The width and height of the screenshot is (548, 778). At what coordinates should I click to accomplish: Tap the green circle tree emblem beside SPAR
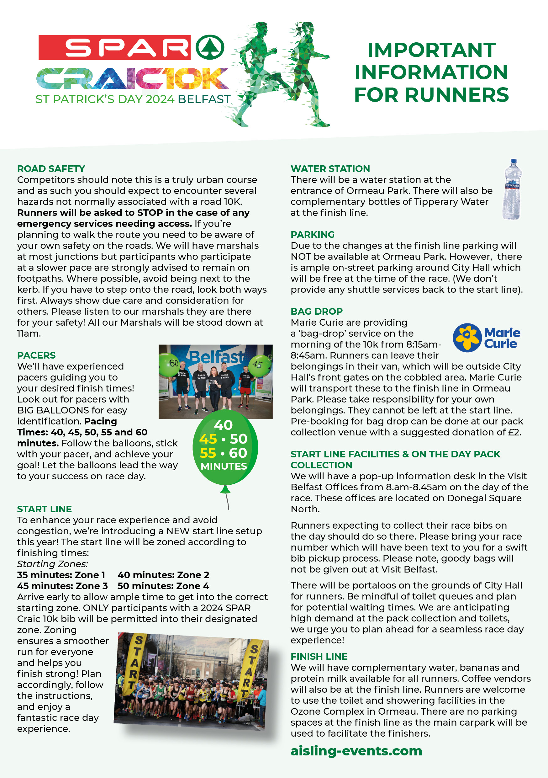[210, 47]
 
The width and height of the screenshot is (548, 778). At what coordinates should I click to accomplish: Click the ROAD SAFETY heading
[51, 168]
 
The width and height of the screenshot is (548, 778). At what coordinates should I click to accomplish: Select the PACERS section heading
[36, 355]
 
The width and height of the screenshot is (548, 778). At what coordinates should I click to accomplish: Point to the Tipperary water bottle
[512, 189]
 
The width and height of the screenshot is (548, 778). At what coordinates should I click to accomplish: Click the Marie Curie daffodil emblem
[467, 338]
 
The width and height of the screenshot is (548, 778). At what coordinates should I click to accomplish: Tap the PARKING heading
[312, 234]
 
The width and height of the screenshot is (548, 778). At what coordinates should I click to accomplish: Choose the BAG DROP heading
[316, 311]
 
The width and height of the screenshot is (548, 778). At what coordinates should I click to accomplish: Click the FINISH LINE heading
[319, 656]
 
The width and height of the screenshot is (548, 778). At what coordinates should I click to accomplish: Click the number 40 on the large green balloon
[223, 425]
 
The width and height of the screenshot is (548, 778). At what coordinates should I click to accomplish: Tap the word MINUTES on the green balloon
[224, 466]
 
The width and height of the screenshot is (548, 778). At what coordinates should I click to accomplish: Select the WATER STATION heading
[330, 168]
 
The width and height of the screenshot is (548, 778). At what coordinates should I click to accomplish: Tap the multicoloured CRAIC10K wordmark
[132, 78]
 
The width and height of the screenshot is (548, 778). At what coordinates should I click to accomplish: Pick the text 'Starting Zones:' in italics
[52, 564]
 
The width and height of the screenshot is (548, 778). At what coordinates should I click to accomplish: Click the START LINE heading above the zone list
[45, 509]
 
